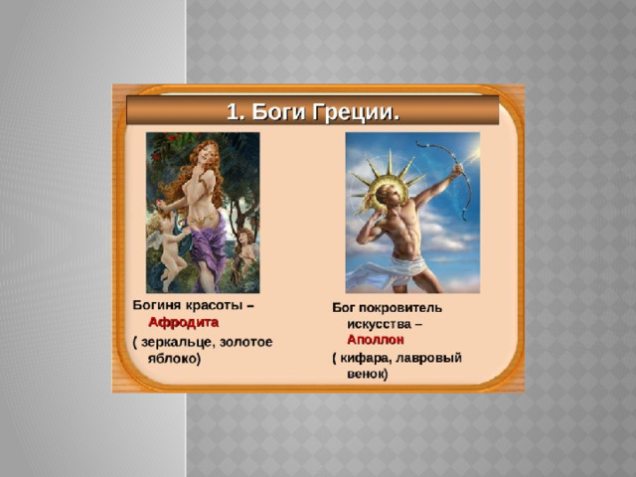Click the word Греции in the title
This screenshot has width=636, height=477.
(x=356, y=111)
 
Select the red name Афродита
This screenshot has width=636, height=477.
(x=183, y=322)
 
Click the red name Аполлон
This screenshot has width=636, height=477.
(x=376, y=340)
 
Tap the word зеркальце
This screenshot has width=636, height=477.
(x=177, y=342)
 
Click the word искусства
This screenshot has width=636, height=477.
(x=379, y=325)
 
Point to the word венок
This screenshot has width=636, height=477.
(x=365, y=374)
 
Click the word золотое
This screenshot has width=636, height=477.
(x=245, y=342)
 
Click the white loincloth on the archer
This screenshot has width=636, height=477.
(x=396, y=271)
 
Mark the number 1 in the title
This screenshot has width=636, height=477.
(x=233, y=111)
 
